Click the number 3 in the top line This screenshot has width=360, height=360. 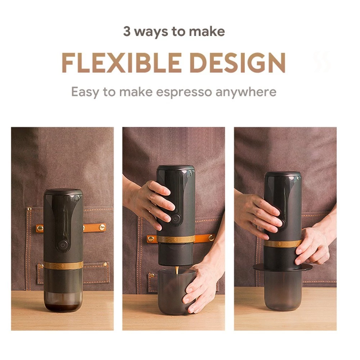(x=127, y=31)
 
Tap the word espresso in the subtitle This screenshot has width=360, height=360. (x=184, y=92)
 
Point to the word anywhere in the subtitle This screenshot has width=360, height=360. (x=246, y=92)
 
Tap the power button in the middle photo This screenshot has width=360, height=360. (x=175, y=219)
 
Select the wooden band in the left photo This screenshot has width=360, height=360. (x=63, y=265)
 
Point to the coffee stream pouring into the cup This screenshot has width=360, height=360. (x=177, y=270)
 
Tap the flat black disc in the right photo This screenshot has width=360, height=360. (x=283, y=267)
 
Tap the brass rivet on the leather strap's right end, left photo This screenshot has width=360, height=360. (x=102, y=227)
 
